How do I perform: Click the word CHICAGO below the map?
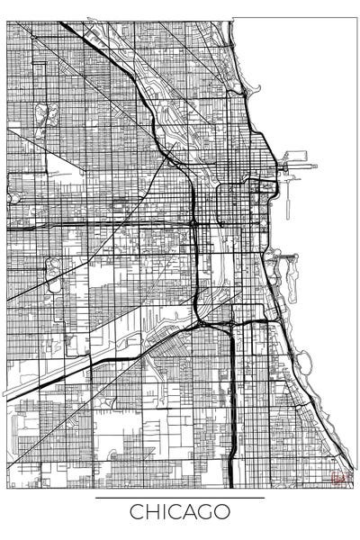pyautogui.click(x=180, y=513)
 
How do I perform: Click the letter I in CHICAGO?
pyautogui.click(x=161, y=513)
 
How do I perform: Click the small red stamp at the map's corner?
pyautogui.click(x=338, y=478)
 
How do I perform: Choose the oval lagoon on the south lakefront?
pyautogui.click(x=304, y=363)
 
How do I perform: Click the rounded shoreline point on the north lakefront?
pyautogui.click(x=254, y=88)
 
